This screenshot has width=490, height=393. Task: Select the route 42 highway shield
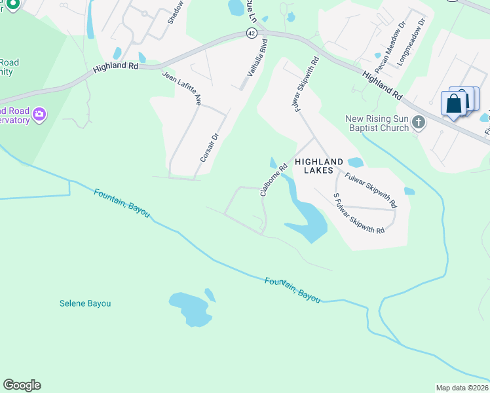(x=252, y=33)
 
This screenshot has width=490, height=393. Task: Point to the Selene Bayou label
(x=85, y=303)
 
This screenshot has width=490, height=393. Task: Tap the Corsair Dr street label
(x=208, y=147)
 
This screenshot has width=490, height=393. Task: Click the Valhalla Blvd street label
(x=257, y=58)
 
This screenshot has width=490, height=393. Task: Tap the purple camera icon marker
(x=39, y=115)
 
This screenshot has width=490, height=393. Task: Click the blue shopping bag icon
(x=454, y=103)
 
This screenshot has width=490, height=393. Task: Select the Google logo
(x=22, y=385)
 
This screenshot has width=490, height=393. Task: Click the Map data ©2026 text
(x=462, y=387)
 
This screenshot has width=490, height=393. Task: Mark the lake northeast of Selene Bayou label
(x=190, y=308)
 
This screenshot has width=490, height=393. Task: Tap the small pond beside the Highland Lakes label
(x=355, y=162)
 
